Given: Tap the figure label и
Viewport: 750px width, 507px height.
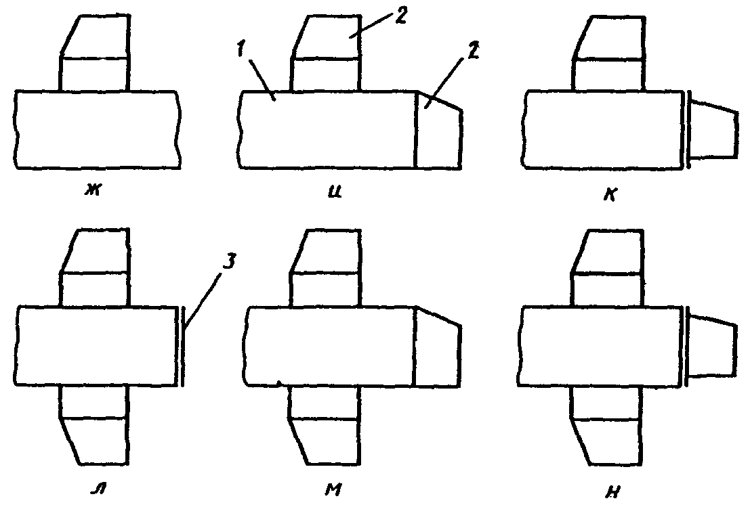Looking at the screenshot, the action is [x=335, y=192].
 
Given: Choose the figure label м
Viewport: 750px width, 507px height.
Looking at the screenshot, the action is [x=333, y=489].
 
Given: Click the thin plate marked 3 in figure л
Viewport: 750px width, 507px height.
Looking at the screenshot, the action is [x=182, y=347].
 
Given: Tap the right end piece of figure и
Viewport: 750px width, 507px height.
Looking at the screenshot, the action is [x=438, y=129].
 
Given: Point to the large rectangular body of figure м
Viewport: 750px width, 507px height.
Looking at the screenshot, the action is [x=330, y=346].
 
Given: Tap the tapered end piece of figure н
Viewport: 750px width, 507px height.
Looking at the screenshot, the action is [x=713, y=347].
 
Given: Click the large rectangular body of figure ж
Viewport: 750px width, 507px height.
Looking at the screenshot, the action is [x=98, y=129].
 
